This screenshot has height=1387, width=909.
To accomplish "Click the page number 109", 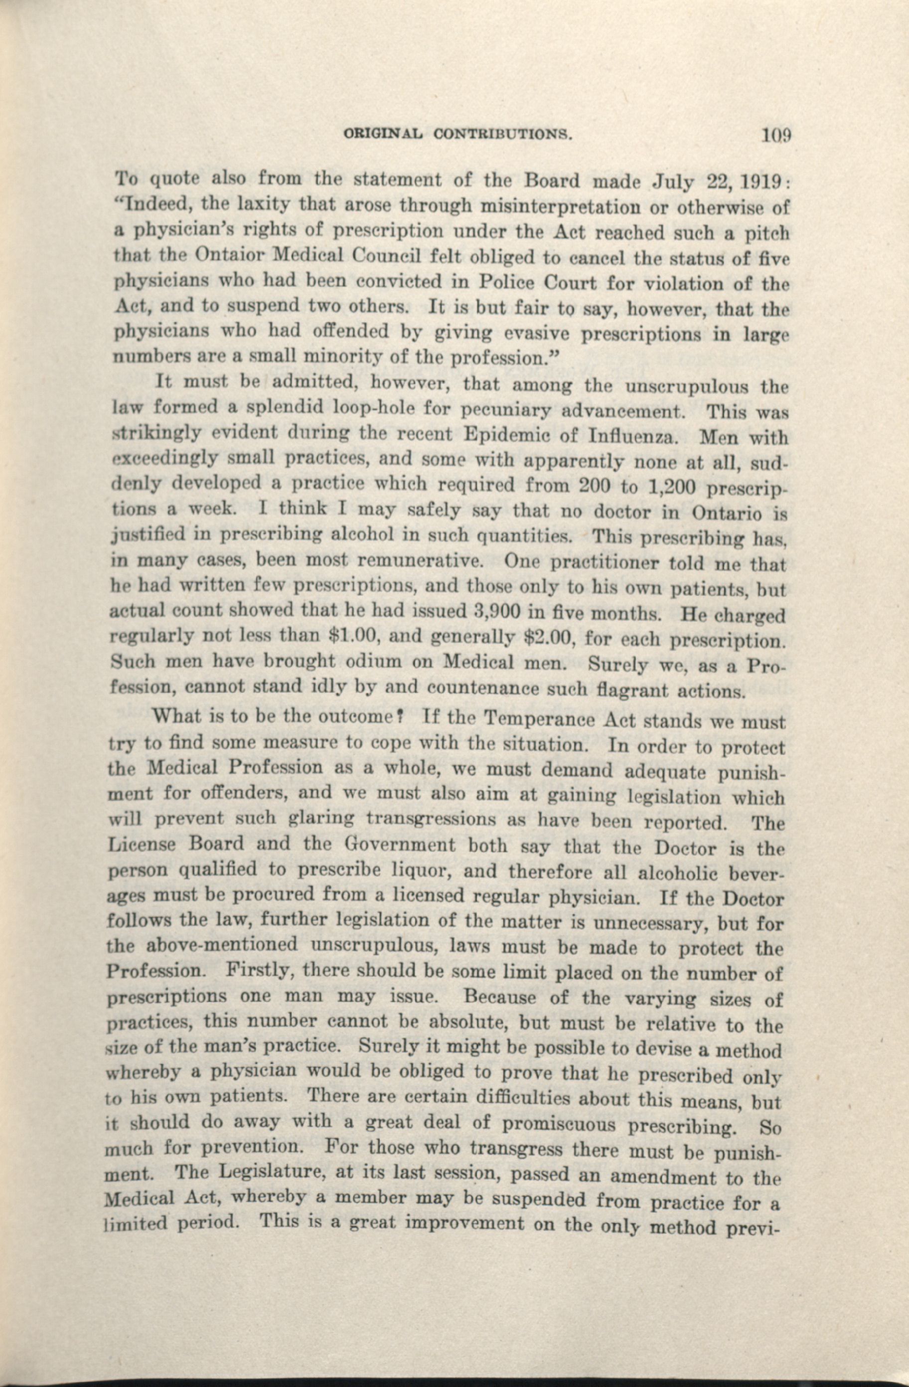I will coord(775,135).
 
